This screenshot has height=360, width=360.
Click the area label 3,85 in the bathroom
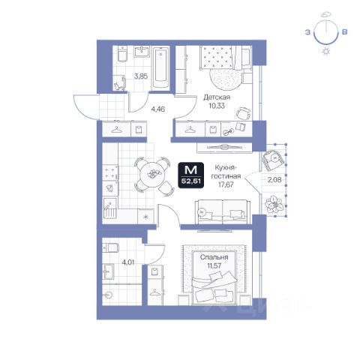pyautogui.click(x=141, y=76)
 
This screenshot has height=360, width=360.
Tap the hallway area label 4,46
pyautogui.click(x=158, y=109)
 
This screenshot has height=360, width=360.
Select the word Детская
pyautogui.click(x=217, y=97)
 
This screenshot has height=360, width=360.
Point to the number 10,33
pyautogui.click(x=217, y=106)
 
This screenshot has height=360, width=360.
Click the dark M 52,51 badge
pyautogui.click(x=191, y=175)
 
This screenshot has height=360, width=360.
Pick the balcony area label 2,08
pyautogui.click(x=274, y=179)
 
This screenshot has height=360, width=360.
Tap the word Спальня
pyautogui.click(x=214, y=257)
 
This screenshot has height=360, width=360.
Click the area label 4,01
pyautogui.click(x=128, y=262)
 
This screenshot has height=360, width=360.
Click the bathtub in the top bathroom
pyautogui.click(x=160, y=67)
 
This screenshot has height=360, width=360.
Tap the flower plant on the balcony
pyautogui.click(x=274, y=204)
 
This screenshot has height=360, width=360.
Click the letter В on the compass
pyautogui.click(x=344, y=32)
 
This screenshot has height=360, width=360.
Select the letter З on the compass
pyautogui.click(x=307, y=32)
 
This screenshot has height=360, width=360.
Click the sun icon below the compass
pyautogui.click(x=326, y=52)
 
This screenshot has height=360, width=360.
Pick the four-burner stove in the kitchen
pyautogui.click(x=110, y=172)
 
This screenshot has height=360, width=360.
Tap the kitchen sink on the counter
pyautogui.click(x=110, y=208)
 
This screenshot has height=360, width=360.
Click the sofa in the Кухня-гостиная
pyautogui.click(x=223, y=211)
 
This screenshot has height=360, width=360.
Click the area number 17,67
pyautogui.click(x=226, y=184)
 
